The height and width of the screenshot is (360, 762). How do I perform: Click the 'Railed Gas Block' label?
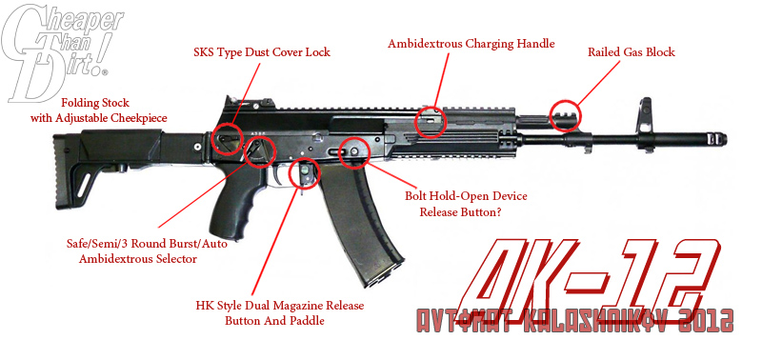coord(631,51)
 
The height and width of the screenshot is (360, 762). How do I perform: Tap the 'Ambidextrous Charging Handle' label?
coord(471,43)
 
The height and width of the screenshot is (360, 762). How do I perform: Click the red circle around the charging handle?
coord(431,121)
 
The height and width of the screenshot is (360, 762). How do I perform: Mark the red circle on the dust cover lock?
coord(229,138)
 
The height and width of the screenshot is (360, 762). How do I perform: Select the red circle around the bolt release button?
coord(355,150)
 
